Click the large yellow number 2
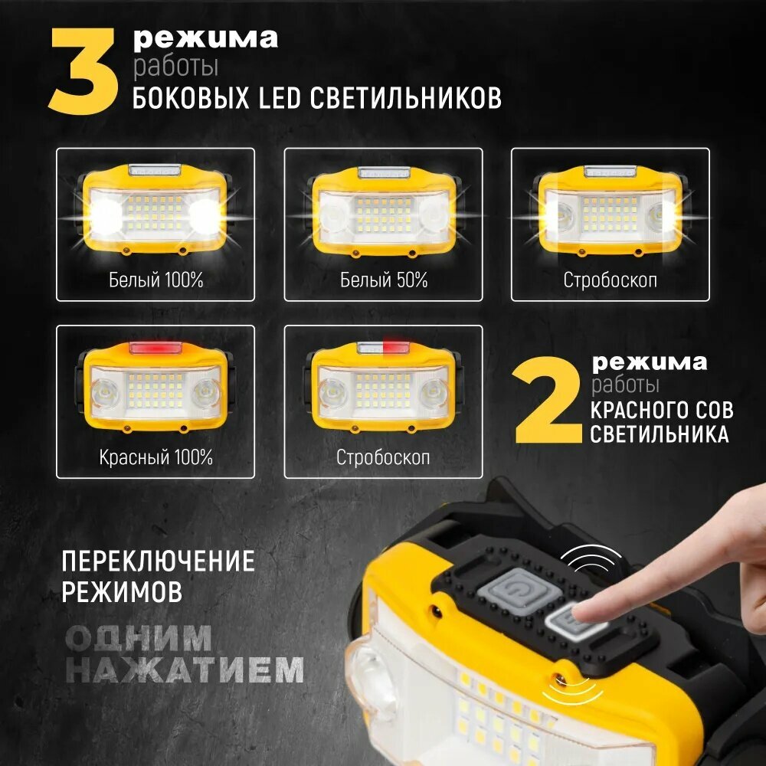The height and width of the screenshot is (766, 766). [548, 400]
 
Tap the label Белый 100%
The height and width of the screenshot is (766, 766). [155, 280]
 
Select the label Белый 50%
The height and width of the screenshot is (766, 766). [384, 280]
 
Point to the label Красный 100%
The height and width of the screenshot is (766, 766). [155, 458]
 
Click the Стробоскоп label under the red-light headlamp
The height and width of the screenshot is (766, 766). [383, 458]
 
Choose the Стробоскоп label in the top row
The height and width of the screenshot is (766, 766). [611, 280]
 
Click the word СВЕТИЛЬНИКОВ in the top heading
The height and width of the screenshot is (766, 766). [405, 98]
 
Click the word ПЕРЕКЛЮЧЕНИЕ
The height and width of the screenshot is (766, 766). [159, 561]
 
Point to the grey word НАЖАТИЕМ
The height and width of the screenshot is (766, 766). [185, 669]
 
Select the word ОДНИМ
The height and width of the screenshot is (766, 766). [138, 637]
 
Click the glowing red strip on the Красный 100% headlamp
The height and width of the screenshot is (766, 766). [155, 349]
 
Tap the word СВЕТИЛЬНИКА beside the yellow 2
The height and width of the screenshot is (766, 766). [660, 434]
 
